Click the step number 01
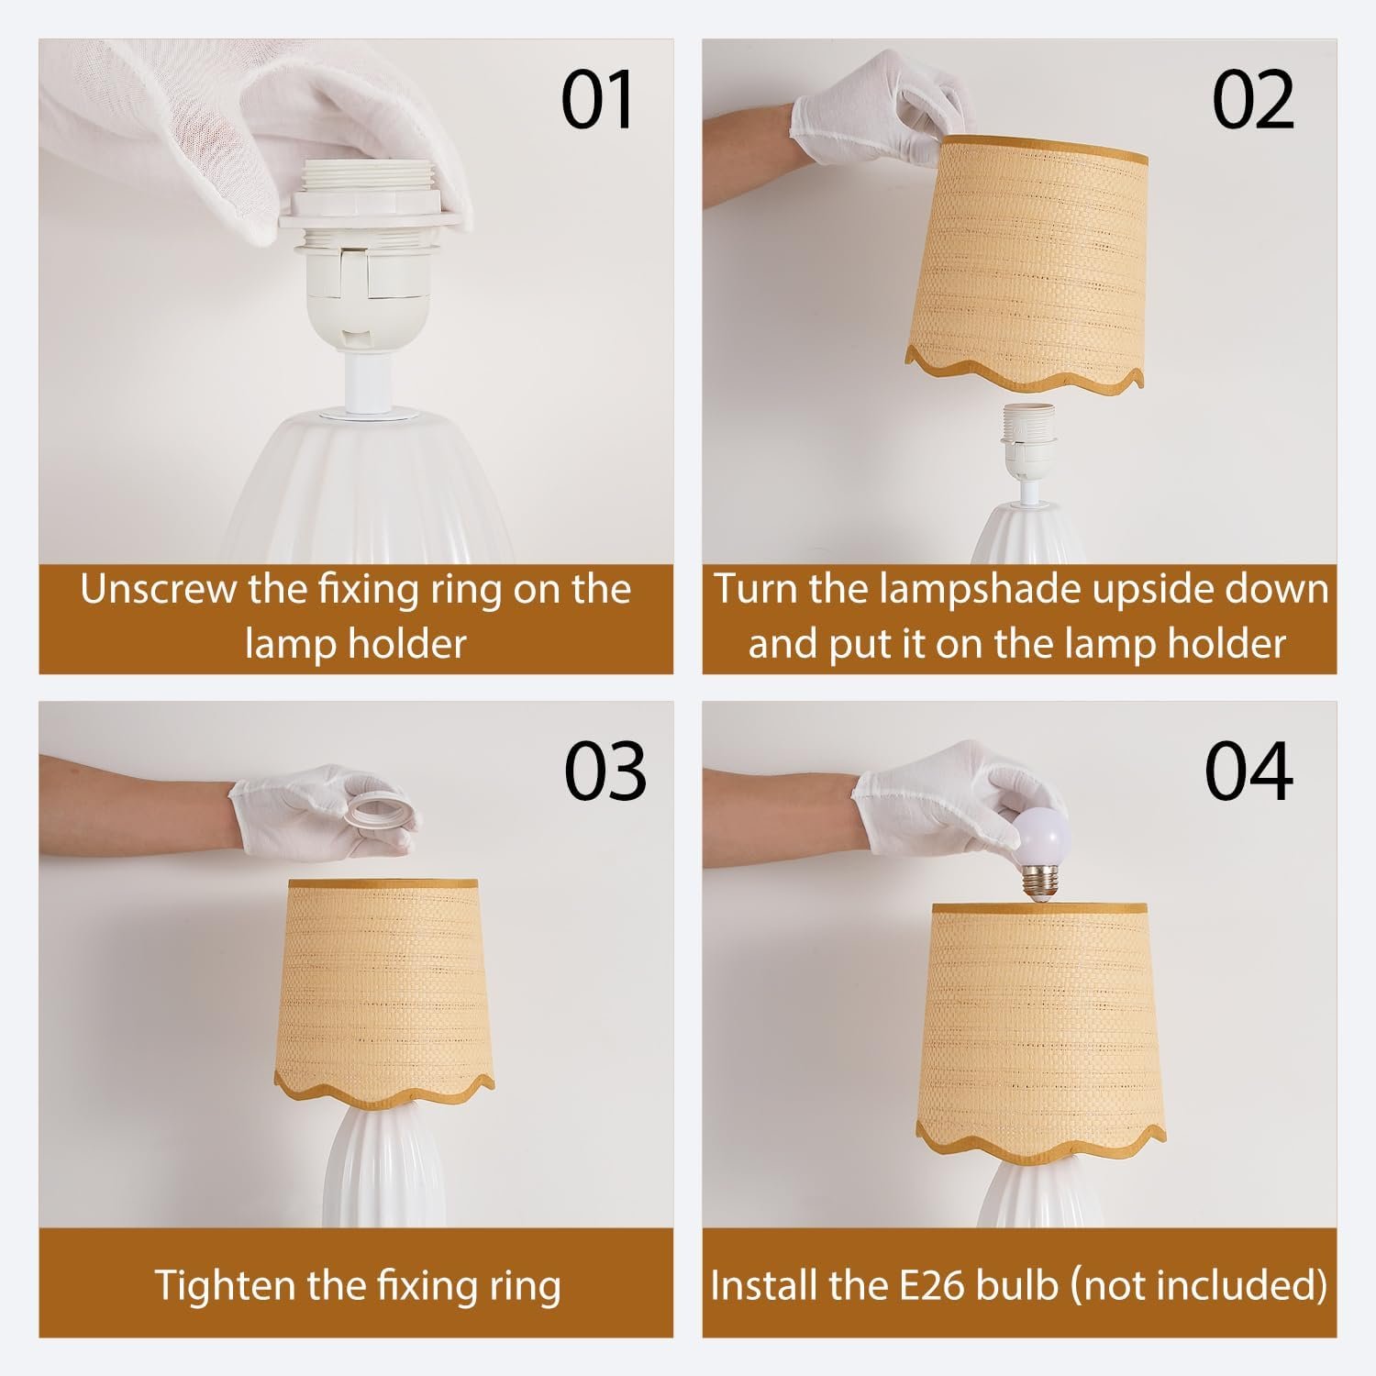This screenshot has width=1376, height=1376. point(597,101)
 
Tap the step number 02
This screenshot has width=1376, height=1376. point(1253,101)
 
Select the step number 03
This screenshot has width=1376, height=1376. point(605,771)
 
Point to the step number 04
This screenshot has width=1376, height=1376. point(1249,771)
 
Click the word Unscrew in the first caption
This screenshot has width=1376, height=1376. point(158,589)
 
